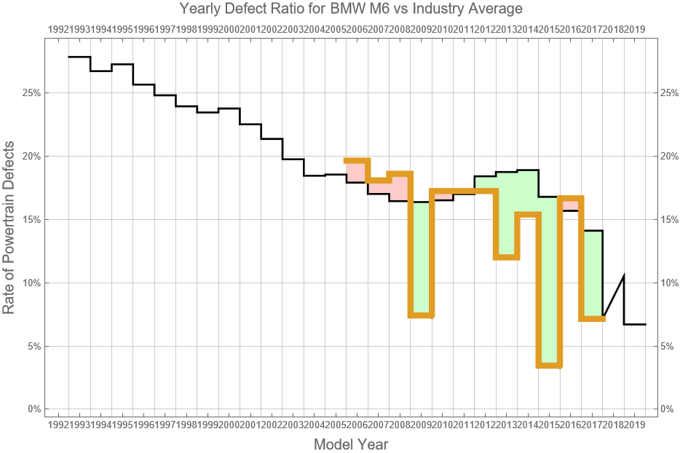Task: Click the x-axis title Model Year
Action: pyautogui.click(x=350, y=444)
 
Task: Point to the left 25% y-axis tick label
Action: pyautogui.click(x=31, y=93)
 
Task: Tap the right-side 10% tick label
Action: pyautogui.click(x=670, y=283)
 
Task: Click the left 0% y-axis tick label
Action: pyautogui.click(x=33, y=409)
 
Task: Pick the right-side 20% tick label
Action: pyautogui.click(x=670, y=157)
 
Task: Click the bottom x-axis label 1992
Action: pyautogui.click(x=58, y=424)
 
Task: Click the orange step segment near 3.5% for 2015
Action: pyautogui.click(x=549, y=364)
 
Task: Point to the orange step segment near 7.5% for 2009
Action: pyautogui.click(x=421, y=315)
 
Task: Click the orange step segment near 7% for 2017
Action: pyautogui.click(x=592, y=318)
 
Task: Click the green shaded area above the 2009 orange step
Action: pyautogui.click(x=421, y=255)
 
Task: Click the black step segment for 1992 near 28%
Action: pyautogui.click(x=79, y=57)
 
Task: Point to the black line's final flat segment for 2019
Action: pyautogui.click(x=634, y=324)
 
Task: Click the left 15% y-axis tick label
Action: pyautogui.click(x=31, y=219)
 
